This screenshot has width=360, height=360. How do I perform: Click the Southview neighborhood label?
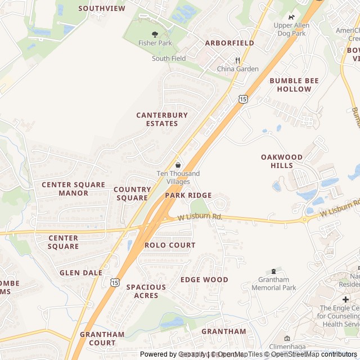pos(102,8)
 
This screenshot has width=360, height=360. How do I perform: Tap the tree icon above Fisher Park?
pos(155,34)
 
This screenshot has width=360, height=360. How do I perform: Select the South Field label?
pos(169,58)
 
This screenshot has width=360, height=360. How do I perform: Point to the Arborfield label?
pos(229,43)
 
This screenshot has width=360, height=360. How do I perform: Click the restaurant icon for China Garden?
pos(238,60)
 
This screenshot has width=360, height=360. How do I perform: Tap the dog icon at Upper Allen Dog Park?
pos(291,17)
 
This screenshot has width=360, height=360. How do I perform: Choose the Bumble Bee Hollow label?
pos(294,85)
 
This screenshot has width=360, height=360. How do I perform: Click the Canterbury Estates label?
pos(162,119)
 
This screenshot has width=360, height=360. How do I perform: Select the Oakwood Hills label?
pos(281,161)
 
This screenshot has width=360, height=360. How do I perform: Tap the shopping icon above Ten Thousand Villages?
pos(178,165)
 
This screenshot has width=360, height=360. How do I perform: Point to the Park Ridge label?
pos(188,195)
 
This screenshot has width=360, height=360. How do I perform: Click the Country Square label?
pos(132,193)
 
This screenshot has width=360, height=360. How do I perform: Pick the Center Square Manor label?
pos(73,189)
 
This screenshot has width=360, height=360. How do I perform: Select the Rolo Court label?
pos(170,245)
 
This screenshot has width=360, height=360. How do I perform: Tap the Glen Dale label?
pos(81,273)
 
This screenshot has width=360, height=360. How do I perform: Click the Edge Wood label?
pos(204,280)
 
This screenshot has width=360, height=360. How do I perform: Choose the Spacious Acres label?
pos(146,291)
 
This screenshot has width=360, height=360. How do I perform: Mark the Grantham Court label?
pos(102,339)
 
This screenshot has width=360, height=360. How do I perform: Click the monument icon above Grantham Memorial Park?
pos(274,272)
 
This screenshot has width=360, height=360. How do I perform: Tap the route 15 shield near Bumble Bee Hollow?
pos(242,99)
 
